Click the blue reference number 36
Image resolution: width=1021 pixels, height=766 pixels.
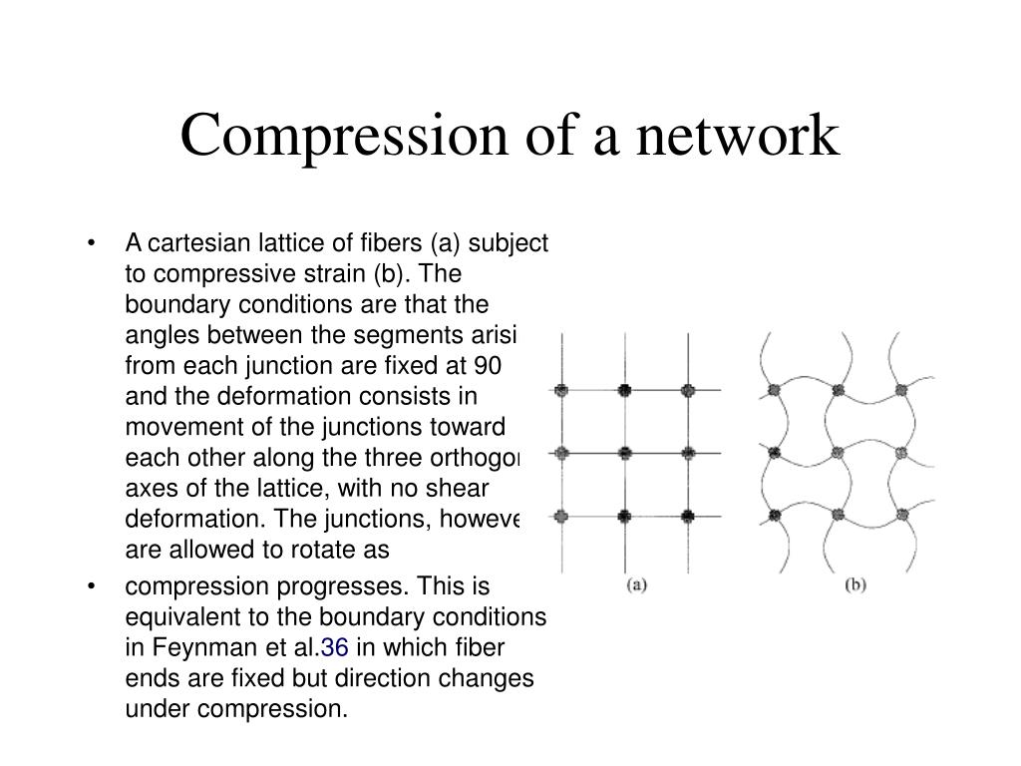click(x=335, y=648)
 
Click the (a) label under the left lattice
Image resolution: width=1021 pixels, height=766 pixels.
click(x=637, y=584)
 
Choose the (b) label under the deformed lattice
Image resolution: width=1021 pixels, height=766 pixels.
click(x=854, y=584)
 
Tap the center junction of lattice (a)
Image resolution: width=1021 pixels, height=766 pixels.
click(x=624, y=453)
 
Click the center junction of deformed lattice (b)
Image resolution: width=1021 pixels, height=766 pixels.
click(x=838, y=453)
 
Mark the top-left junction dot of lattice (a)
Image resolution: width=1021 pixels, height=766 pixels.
click(x=561, y=389)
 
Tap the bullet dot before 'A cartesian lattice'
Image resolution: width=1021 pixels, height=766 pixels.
click(x=92, y=244)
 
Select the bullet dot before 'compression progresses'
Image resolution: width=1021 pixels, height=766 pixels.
click(x=92, y=586)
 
